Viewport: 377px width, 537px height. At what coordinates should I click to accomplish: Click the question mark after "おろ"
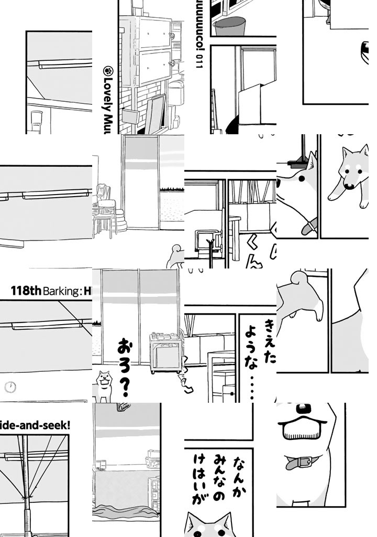pyautogui.click(x=124, y=385)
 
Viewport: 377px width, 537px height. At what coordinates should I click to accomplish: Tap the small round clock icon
pyautogui.click(x=10, y=388)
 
